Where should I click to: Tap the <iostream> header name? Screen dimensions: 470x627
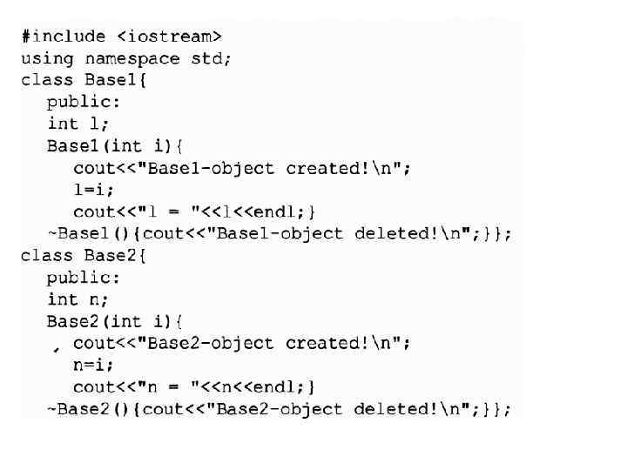[170, 37]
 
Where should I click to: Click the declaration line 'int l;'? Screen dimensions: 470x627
[74, 124]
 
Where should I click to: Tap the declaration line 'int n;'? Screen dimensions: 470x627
[74, 299]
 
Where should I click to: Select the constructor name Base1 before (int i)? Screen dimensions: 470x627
[72, 145]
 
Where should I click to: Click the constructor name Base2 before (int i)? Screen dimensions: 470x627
[72, 321]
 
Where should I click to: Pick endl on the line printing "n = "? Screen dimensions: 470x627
[272, 387]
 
